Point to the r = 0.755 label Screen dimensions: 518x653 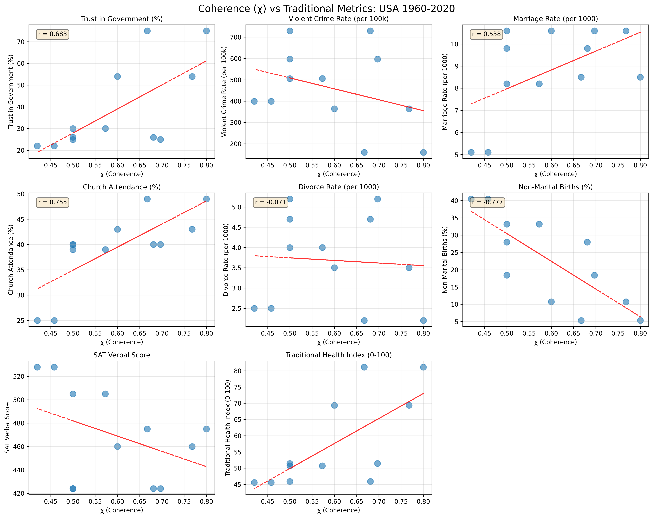click(52, 202)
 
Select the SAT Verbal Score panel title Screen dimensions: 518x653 click(122, 355)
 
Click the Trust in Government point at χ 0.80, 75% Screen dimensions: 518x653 click(206, 31)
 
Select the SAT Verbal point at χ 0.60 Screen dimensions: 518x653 click(117, 447)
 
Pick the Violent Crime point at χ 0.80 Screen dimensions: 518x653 click(423, 152)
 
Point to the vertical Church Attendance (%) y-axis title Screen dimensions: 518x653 click(11, 260)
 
